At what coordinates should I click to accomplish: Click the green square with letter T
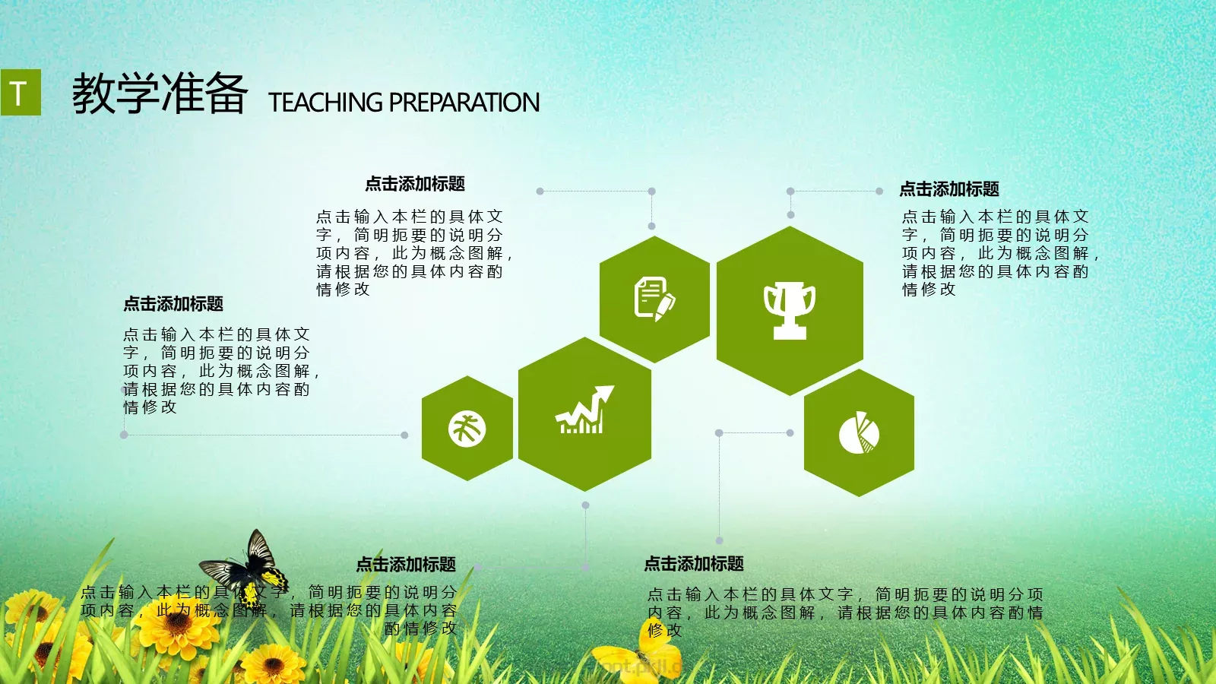(x=21, y=93)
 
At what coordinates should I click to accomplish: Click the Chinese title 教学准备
(x=160, y=94)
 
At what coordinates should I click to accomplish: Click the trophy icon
(x=790, y=309)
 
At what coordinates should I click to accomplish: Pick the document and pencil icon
(x=654, y=298)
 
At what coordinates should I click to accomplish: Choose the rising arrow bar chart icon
(x=584, y=411)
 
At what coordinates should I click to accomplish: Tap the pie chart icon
(x=859, y=432)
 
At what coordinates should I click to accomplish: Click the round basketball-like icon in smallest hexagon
(x=467, y=428)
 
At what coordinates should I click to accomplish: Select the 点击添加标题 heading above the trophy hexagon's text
(x=949, y=189)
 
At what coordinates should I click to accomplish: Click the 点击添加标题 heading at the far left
(x=173, y=304)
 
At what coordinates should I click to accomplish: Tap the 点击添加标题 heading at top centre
(x=415, y=184)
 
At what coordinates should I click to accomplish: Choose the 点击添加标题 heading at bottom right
(x=694, y=564)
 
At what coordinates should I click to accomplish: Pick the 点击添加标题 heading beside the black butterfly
(x=406, y=565)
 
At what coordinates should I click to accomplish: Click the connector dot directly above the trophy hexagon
(x=790, y=215)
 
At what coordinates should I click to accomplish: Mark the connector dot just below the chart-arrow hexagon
(x=585, y=505)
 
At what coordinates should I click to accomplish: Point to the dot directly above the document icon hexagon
(x=651, y=226)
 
